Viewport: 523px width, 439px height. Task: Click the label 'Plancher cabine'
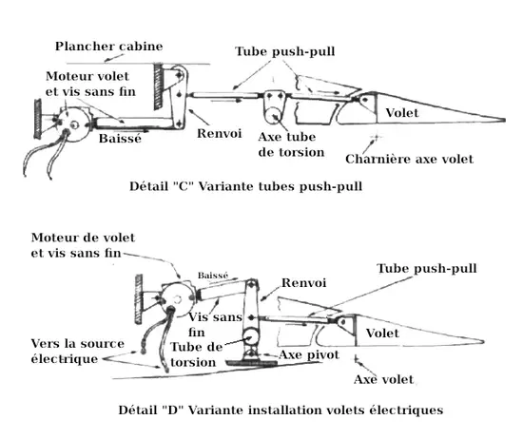coord(108,46)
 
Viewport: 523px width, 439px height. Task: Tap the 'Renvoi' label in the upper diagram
coord(219,133)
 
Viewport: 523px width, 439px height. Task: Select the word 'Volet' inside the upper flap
coord(402,113)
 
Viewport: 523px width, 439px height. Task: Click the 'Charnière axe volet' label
coord(409,159)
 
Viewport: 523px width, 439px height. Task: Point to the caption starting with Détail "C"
coord(246,186)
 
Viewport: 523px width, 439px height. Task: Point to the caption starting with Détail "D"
coord(281,410)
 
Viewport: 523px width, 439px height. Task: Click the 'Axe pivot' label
coord(309,354)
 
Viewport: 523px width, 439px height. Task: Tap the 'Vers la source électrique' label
coord(77,351)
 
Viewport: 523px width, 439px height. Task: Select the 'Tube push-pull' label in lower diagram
coord(427,268)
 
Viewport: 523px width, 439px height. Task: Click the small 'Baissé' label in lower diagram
coord(213,276)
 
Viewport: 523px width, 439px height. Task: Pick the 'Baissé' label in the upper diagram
coord(120,138)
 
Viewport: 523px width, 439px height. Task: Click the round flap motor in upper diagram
coord(74,125)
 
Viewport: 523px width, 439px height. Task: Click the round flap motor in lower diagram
coord(177,300)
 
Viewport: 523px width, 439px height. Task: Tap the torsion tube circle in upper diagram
coord(274,115)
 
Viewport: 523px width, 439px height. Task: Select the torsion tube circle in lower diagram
coord(251,337)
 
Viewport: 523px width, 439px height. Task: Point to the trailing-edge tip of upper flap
coord(505,120)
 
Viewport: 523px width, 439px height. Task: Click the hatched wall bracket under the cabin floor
coord(159,86)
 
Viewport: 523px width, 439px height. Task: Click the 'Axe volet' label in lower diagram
coord(383,379)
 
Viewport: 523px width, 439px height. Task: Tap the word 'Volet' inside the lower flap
coord(382,333)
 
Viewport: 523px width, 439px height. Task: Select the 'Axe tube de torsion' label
coord(291,144)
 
